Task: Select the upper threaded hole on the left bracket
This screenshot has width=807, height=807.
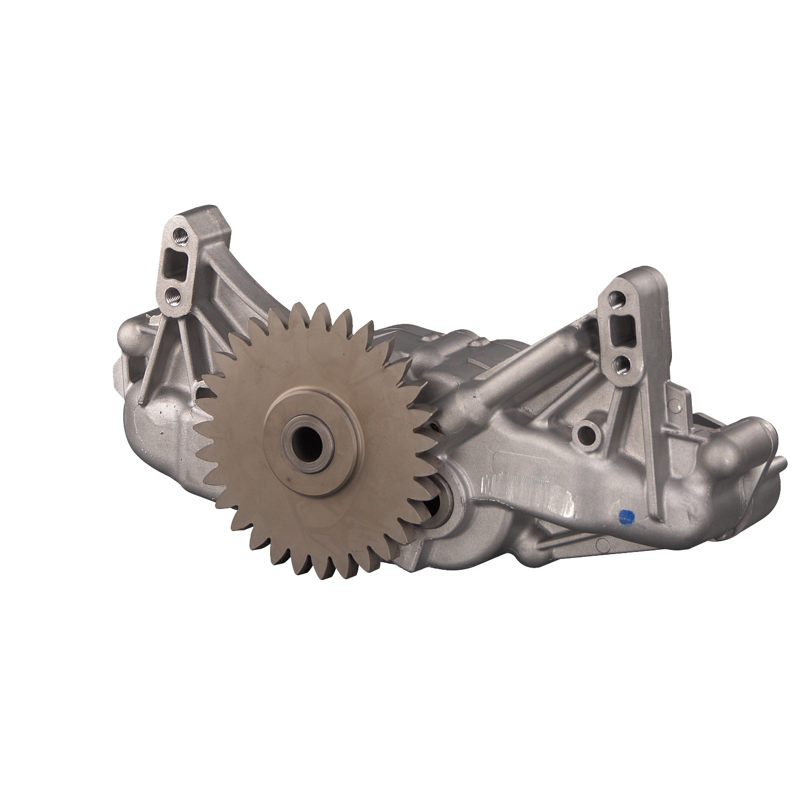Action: pos(179,233)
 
